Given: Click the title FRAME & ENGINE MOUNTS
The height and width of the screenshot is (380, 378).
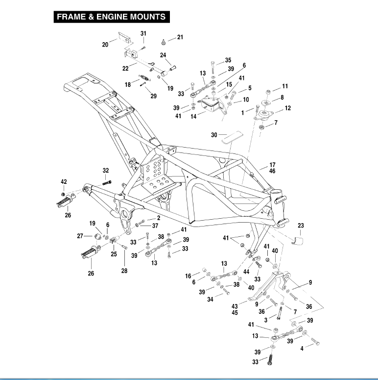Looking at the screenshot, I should [x=111, y=17].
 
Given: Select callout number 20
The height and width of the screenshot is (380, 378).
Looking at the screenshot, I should [x=105, y=45].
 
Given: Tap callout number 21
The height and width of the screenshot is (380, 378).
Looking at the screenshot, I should [x=180, y=38].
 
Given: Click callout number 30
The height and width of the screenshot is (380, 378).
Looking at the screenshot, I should [x=214, y=135].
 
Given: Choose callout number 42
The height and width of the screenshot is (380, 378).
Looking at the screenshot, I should [x=64, y=182].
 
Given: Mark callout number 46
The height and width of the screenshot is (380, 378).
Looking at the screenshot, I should [x=272, y=171].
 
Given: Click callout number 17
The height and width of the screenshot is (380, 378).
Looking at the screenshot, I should [x=272, y=165].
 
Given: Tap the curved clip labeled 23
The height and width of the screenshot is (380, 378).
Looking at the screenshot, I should [x=297, y=240].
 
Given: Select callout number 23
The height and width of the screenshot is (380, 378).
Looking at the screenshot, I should [x=301, y=226].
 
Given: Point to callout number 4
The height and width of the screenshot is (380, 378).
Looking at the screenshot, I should [x=302, y=349].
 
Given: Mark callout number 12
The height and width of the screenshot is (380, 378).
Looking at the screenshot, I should [x=287, y=108].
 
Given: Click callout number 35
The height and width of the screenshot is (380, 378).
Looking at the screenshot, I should [x=228, y=60].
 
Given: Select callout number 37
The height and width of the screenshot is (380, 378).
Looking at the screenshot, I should [x=155, y=226].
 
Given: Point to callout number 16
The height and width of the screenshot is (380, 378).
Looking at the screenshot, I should [x=189, y=277].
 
